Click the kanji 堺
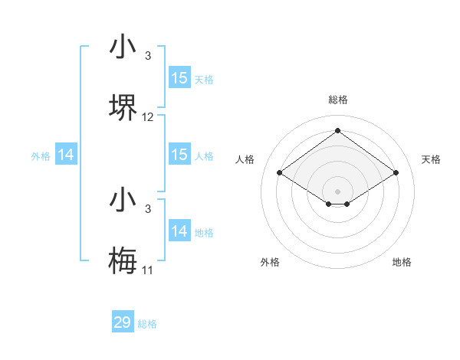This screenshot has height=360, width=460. (x=123, y=108)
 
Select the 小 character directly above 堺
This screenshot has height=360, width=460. (x=123, y=47)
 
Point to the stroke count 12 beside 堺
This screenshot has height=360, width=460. (x=148, y=117)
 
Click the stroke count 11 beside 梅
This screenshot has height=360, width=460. (x=148, y=270)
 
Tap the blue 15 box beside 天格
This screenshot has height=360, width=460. (x=179, y=78)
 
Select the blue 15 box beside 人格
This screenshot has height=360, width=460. (x=179, y=155)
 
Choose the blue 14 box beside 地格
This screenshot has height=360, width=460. (x=179, y=231)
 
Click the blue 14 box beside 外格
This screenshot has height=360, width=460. (x=66, y=155)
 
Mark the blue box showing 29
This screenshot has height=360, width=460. (x=123, y=322)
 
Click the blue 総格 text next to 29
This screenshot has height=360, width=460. (x=147, y=324)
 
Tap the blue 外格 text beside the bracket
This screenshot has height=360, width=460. (x=41, y=155)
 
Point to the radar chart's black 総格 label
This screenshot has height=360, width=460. (x=338, y=100)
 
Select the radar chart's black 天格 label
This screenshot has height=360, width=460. (x=431, y=159)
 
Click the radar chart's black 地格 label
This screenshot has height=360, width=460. (x=402, y=262)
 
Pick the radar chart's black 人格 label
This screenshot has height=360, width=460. (x=245, y=159)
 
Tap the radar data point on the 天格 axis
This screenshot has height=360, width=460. (x=396, y=172)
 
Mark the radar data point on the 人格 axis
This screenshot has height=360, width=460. (x=280, y=172)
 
